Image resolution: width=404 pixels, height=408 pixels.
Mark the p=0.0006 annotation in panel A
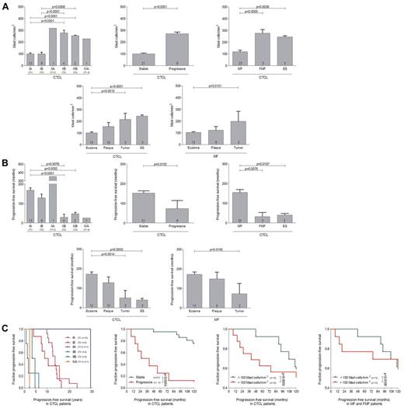pyautogui.click(x=59, y=5)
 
